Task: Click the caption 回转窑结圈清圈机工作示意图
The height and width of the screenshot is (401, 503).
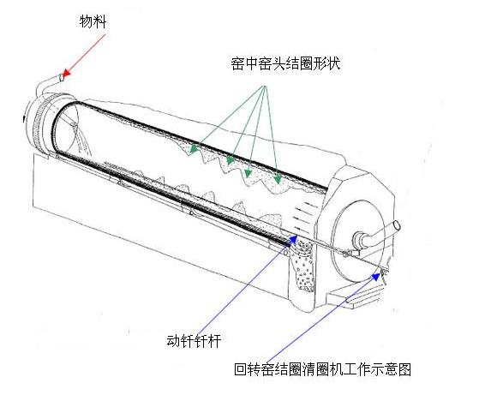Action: pyautogui.click(x=323, y=370)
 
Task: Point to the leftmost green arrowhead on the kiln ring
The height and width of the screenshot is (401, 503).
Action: pyautogui.click(x=195, y=147)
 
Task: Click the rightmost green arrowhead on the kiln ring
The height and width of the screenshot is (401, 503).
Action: pyautogui.click(x=278, y=178)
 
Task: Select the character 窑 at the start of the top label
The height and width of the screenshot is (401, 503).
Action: pyautogui.click(x=237, y=63)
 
